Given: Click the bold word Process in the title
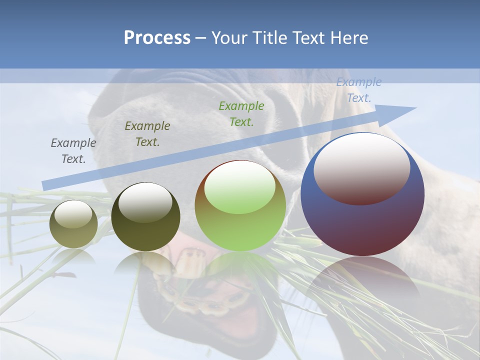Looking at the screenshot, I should coord(157,38).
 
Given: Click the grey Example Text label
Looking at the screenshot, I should coord(73,151).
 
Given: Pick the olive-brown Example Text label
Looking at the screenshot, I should coord(147,134).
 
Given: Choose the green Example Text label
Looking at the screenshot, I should coord(241,114).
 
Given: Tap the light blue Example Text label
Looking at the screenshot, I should coord(359,90).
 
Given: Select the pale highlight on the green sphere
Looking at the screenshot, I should coord(240,187).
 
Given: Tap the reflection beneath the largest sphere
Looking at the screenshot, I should coord(362,280).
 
